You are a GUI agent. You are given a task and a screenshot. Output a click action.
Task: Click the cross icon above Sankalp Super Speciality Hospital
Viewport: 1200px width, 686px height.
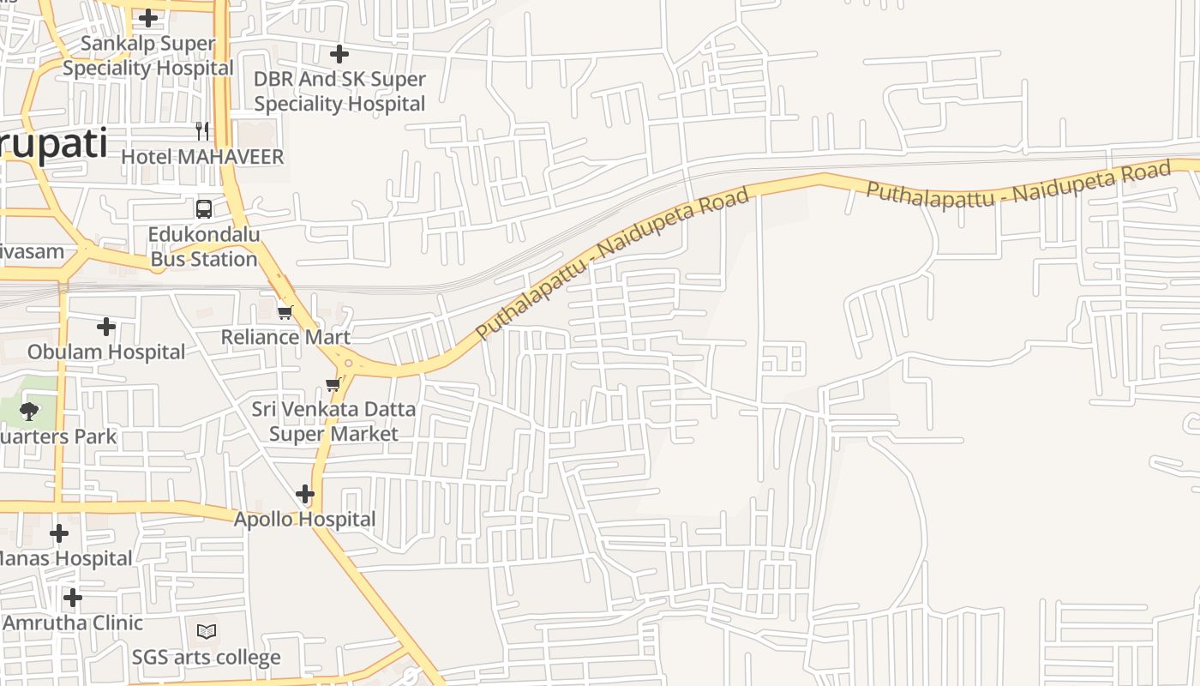click(148, 17)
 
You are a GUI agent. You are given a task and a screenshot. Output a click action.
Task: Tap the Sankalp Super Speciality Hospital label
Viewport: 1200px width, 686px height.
click(147, 56)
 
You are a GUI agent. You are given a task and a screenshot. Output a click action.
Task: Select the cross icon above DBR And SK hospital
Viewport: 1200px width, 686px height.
click(339, 54)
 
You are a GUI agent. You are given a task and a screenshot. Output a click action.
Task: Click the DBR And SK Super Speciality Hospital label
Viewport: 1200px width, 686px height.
click(339, 92)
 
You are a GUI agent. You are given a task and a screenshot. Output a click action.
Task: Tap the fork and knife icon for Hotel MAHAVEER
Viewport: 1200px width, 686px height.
click(202, 130)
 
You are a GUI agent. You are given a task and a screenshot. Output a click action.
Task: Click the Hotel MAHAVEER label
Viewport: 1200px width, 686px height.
click(202, 157)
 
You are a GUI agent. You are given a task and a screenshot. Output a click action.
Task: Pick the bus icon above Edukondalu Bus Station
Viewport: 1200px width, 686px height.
click(204, 208)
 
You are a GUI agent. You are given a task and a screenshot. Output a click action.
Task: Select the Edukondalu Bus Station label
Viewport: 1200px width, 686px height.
click(203, 247)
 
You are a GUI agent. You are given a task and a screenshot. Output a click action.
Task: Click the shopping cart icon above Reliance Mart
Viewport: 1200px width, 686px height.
click(285, 312)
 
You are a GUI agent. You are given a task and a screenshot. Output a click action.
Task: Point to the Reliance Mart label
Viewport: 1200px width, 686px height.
click(285, 337)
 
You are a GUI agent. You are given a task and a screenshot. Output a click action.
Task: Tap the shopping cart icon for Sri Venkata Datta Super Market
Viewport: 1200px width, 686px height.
click(333, 384)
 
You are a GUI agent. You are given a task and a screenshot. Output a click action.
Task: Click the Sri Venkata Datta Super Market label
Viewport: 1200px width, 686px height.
click(333, 421)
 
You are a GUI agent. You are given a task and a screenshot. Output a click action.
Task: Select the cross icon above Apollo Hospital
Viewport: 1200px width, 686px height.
click(305, 494)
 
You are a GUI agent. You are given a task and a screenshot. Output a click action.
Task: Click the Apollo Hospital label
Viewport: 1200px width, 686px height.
click(305, 519)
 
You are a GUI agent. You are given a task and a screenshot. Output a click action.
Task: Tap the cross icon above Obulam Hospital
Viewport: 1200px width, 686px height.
click(106, 327)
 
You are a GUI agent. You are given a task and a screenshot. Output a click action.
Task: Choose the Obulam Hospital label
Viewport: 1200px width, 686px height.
click(106, 352)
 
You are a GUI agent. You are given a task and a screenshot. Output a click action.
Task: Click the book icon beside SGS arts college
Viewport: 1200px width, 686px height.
click(207, 632)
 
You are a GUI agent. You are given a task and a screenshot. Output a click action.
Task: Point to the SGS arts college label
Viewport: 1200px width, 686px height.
click(207, 658)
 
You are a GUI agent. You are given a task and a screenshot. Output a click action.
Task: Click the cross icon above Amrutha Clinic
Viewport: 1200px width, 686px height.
click(73, 597)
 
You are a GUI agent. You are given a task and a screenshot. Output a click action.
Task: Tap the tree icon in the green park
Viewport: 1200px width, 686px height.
click(29, 411)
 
